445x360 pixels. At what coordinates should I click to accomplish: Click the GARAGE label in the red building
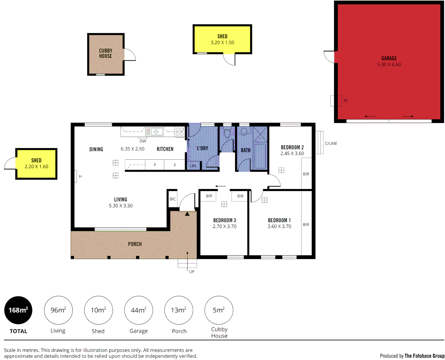(389, 58)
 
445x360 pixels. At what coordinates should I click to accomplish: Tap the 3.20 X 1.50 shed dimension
(222, 43)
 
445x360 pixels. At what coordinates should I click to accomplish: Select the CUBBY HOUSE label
(106, 53)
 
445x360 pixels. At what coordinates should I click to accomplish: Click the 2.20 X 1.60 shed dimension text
(36, 167)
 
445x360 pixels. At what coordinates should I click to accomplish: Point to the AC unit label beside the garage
(346, 100)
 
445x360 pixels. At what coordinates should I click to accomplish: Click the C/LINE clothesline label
(331, 143)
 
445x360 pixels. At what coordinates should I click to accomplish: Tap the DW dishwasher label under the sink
(143, 141)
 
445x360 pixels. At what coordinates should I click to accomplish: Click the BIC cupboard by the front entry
(173, 199)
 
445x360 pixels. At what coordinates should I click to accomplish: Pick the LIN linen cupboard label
(193, 166)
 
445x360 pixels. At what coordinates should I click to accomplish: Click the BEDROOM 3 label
(224, 220)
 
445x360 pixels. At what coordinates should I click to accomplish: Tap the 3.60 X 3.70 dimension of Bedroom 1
(279, 226)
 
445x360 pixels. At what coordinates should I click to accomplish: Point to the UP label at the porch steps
(192, 272)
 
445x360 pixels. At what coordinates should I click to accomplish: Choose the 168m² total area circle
(18, 310)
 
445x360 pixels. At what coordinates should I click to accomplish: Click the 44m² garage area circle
(139, 310)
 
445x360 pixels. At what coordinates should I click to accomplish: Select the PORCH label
(135, 244)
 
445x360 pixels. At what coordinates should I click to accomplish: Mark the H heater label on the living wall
(80, 176)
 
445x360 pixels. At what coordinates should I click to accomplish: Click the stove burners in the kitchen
(180, 131)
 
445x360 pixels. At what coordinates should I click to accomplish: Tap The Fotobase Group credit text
(424, 356)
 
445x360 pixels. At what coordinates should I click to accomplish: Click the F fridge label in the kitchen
(175, 165)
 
